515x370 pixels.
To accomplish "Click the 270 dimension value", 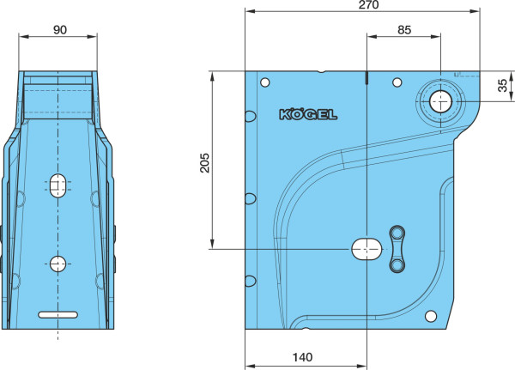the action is tap(368, 4).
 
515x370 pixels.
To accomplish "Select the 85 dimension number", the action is tap(404, 30).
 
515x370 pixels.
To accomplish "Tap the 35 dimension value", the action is tap(502, 86).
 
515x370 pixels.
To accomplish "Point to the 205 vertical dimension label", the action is tap(204, 162).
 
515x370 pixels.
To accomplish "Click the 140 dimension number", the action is tap(302, 357).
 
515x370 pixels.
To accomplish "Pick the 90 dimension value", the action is tap(60, 30).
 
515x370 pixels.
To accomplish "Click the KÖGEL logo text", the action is tap(308, 114).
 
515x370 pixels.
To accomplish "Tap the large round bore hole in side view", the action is tap(441, 101).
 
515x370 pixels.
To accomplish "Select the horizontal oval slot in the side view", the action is tap(367, 250).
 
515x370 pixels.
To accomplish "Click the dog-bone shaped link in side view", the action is tap(397, 249).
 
